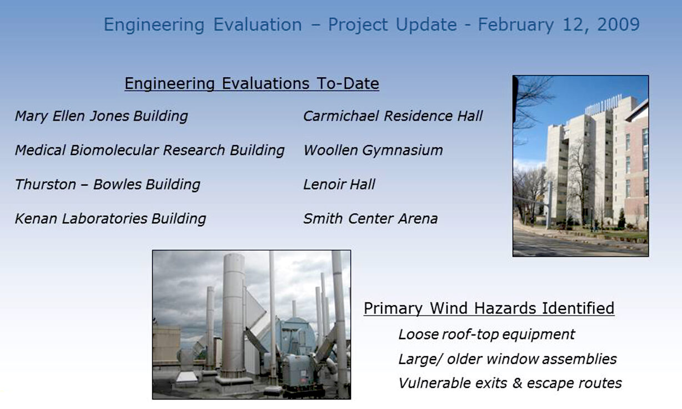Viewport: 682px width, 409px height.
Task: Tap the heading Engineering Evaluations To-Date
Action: click(252, 84)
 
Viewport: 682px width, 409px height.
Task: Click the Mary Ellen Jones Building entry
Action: click(102, 117)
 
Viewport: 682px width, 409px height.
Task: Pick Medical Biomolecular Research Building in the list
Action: click(149, 151)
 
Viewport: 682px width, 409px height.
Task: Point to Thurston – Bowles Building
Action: click(108, 185)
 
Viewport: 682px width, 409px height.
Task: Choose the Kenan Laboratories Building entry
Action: click(111, 219)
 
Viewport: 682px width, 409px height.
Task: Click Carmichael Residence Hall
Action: click(393, 116)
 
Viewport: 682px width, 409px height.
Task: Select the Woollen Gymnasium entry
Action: click(373, 151)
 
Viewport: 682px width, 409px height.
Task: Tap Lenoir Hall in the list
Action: click(339, 184)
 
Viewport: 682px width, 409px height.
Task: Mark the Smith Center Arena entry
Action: click(370, 218)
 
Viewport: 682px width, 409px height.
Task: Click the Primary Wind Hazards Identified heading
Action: click(489, 308)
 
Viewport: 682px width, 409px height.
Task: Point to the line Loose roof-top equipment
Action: click(487, 335)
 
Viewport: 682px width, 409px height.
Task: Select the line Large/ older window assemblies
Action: click(508, 360)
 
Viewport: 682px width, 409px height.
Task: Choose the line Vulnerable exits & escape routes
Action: click(510, 383)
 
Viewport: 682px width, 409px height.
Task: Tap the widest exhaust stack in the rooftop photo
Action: click(233, 317)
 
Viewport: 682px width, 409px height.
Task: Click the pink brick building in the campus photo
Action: click(636, 171)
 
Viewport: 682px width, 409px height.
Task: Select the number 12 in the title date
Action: click(573, 24)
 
